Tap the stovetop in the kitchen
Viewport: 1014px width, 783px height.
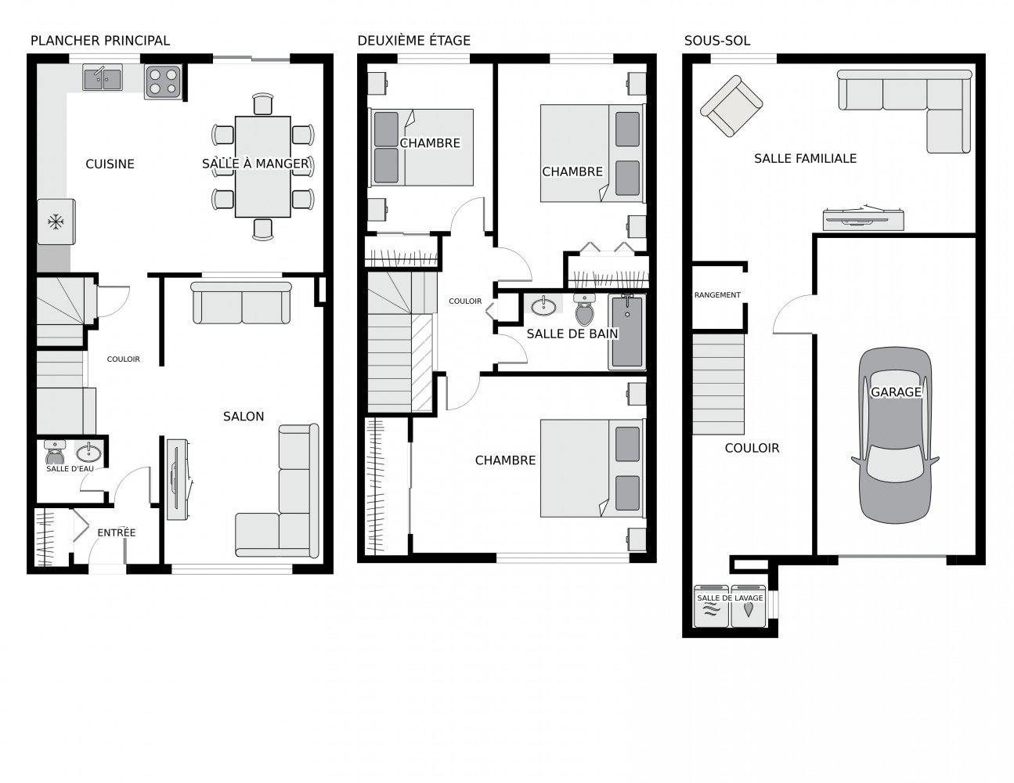[163, 81]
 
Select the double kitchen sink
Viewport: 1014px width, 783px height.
[103, 78]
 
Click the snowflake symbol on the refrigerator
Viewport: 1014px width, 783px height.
[56, 221]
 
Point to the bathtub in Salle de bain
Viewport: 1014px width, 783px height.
[626, 331]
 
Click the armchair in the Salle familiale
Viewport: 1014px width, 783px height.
[731, 106]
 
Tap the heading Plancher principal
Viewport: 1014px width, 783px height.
[100, 41]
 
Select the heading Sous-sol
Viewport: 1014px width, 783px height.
[717, 41]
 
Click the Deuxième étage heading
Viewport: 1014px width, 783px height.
[414, 41]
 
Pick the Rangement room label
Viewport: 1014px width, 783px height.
[717, 295]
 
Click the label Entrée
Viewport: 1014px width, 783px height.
[116, 532]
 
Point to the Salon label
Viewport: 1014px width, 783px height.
[244, 417]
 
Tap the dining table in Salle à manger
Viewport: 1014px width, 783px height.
[263, 167]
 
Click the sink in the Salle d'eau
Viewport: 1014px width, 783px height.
[88, 452]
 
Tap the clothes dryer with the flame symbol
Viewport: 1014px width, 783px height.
[748, 606]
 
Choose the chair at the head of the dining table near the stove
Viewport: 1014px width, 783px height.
[262, 103]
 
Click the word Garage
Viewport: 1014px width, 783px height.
[896, 392]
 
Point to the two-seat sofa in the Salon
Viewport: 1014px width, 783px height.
[241, 302]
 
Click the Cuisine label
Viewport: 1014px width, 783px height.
[110, 164]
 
